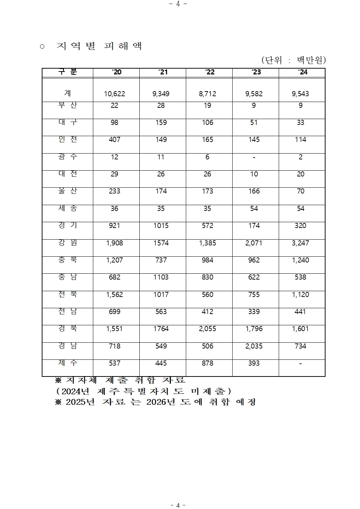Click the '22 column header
tap(209, 72)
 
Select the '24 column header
tap(302, 72)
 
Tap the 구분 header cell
tap(67, 72)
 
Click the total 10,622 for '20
tap(114, 94)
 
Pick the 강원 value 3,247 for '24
tap(300, 243)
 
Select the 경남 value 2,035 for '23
tap(254, 346)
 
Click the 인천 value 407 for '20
tap(114, 139)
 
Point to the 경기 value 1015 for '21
tap(161, 225)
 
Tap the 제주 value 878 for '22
tap(207, 363)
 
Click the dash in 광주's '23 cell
tap(254, 157)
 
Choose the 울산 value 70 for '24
tap(300, 191)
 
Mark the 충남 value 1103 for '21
tap(161, 277)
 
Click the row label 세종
tap(67, 208)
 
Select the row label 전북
tap(67, 294)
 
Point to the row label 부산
tap(67, 105)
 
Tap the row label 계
tap(67, 93)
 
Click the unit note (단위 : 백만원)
tap(293, 60)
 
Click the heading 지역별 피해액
tap(99, 46)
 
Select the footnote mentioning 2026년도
tap(155, 402)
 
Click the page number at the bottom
tap(178, 505)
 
